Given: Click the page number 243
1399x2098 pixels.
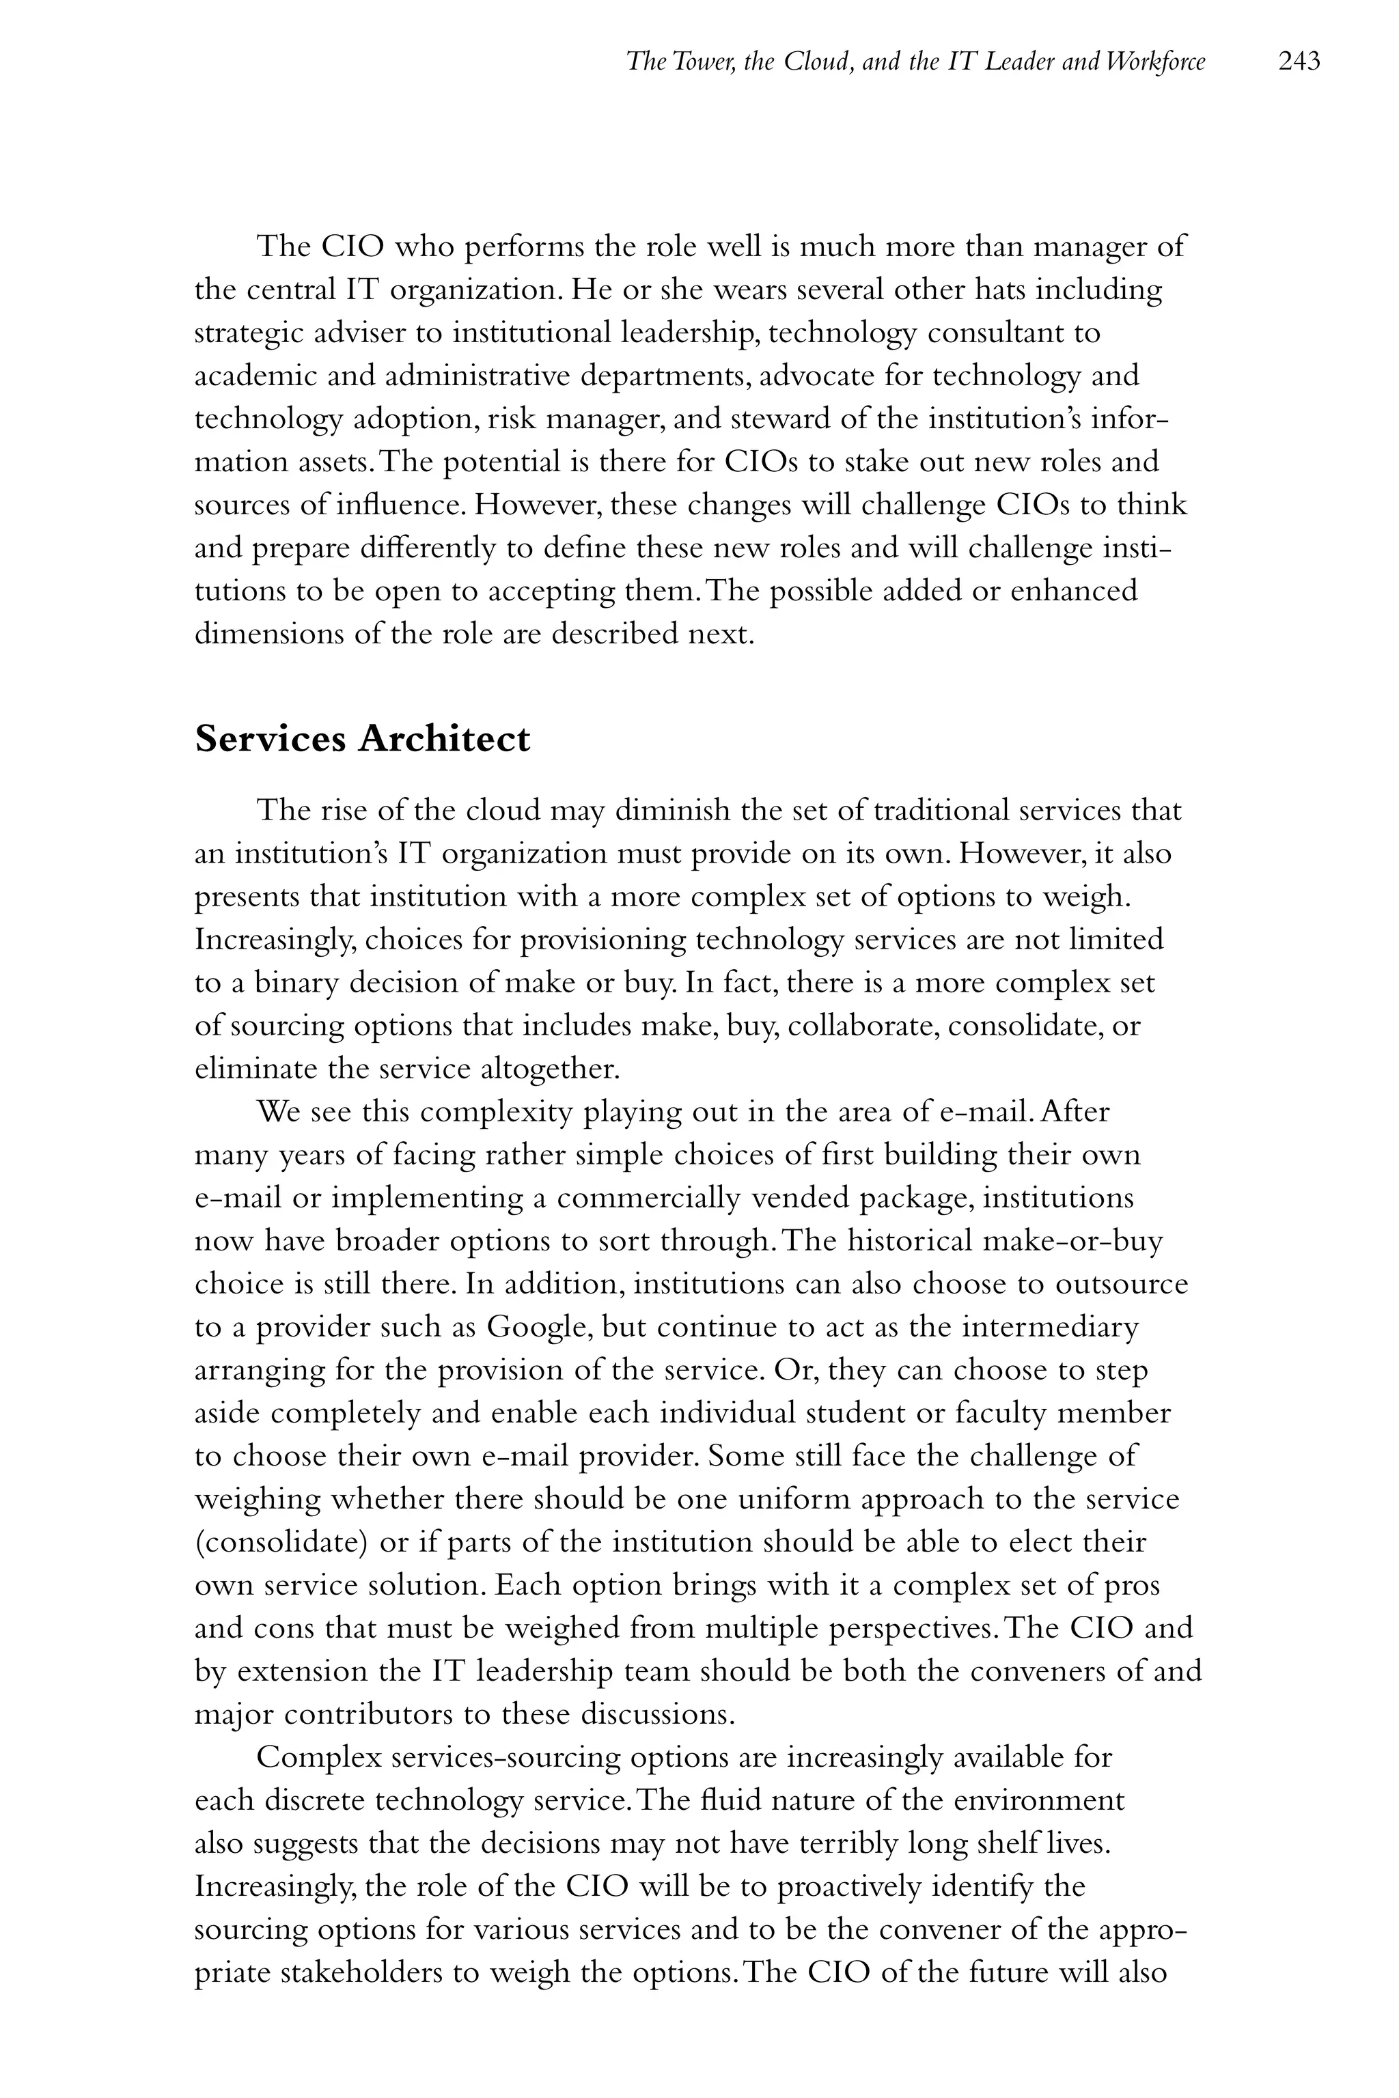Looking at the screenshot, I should pos(1298,61).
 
